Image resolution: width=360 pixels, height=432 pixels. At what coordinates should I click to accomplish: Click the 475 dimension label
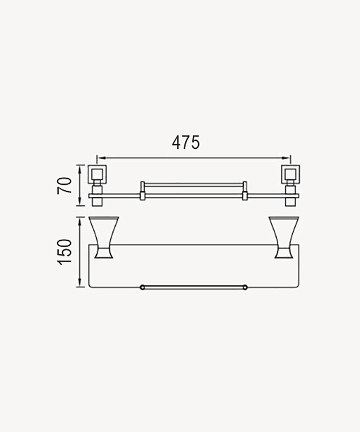tap(186, 143)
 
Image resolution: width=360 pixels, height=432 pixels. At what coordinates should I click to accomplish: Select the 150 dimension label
tap(64, 252)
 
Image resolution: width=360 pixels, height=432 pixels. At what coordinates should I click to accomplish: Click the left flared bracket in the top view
tap(103, 238)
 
